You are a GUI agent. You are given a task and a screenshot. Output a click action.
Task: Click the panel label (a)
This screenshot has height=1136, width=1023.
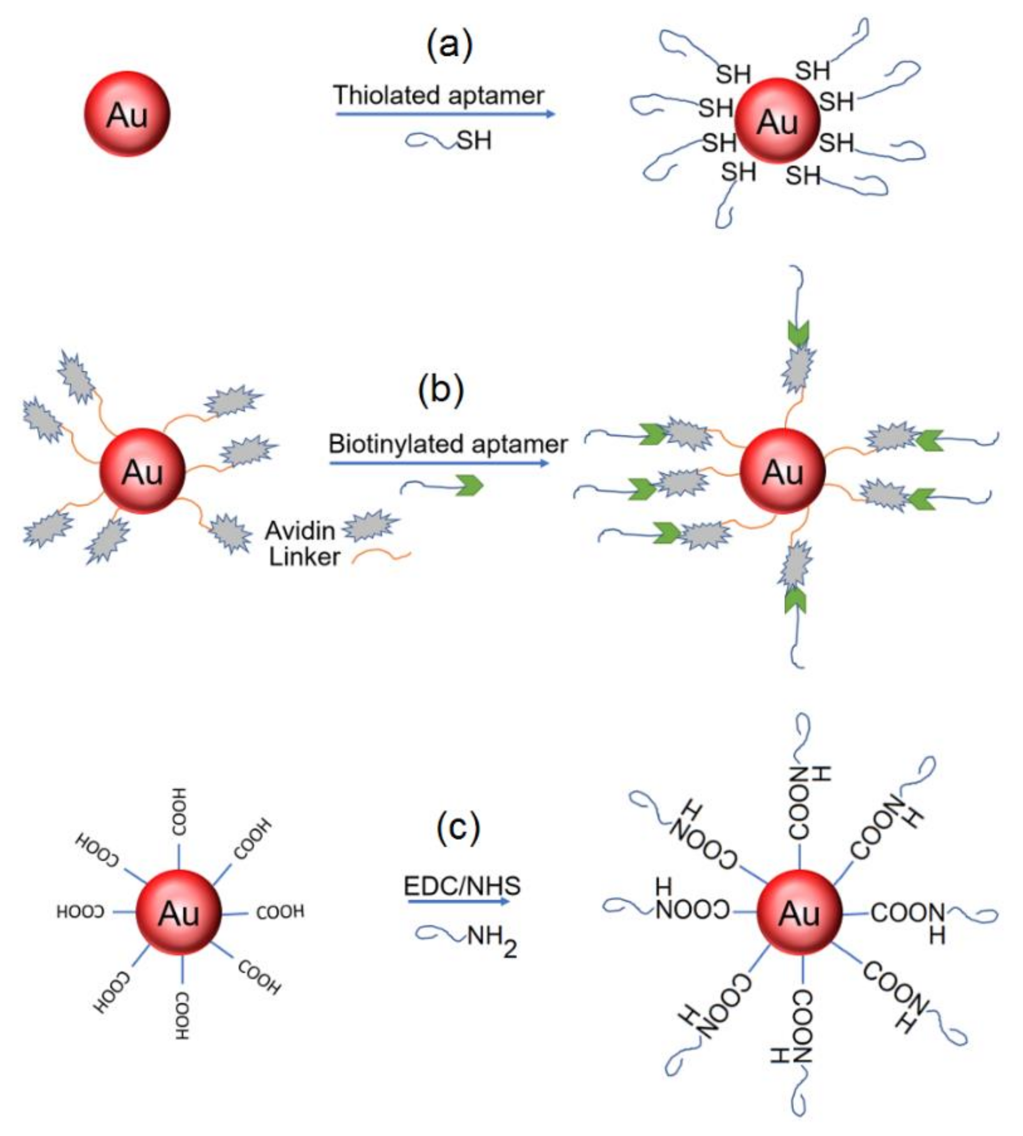click(x=449, y=45)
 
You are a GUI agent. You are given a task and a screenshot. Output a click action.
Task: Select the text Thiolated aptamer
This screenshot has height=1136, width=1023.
click(x=438, y=95)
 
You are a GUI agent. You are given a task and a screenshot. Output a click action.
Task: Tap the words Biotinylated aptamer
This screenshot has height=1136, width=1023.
click(x=448, y=444)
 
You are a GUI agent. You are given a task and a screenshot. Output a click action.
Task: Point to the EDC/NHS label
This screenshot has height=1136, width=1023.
click(x=462, y=886)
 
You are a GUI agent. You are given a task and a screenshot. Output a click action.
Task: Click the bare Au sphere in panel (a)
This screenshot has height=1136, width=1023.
click(x=127, y=114)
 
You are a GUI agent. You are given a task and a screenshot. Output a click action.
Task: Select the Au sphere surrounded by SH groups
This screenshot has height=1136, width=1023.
click(x=777, y=121)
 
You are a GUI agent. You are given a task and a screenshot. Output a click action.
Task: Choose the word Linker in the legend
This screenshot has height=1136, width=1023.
click(x=304, y=557)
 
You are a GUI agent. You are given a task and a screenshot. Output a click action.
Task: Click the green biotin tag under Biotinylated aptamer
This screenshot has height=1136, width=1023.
click(x=469, y=486)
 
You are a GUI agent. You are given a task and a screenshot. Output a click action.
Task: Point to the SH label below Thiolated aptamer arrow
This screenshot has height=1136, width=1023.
click(x=474, y=140)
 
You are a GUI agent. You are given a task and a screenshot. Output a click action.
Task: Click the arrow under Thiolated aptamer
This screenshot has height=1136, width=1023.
click(x=445, y=114)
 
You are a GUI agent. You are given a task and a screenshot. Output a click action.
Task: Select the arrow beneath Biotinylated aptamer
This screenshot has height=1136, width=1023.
click(x=438, y=463)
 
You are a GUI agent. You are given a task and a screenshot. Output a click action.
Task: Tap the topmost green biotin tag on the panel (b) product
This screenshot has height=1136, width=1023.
click(x=798, y=333)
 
